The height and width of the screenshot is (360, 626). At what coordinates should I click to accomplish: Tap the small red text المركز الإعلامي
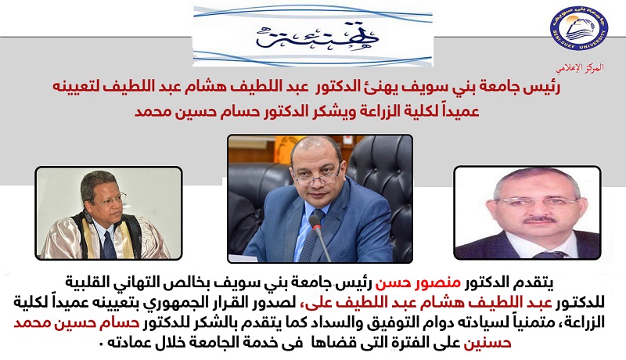point(580,67)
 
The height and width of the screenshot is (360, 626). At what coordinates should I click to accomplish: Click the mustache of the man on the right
point(540,219)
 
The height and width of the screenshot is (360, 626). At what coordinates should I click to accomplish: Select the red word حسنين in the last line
point(487,343)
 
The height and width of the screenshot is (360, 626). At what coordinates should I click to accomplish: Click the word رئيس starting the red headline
point(542,88)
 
